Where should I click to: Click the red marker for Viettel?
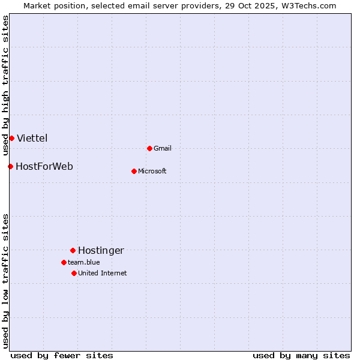11,138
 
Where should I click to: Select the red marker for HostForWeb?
10,166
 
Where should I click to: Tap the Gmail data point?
149,148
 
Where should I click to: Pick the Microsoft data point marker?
134,171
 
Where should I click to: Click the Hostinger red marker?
73,250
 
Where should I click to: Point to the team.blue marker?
64,262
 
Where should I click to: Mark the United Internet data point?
74,273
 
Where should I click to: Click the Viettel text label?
32,138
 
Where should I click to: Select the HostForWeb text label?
44,166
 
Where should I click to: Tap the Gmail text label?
163,148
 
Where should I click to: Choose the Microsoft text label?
152,171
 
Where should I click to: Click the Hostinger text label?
101,250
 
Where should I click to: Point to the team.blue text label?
84,262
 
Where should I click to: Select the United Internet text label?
103,273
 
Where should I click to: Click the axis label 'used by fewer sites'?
62,355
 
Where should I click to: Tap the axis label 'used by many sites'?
301,355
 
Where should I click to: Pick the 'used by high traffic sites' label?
5,85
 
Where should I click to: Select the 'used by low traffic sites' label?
5,281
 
